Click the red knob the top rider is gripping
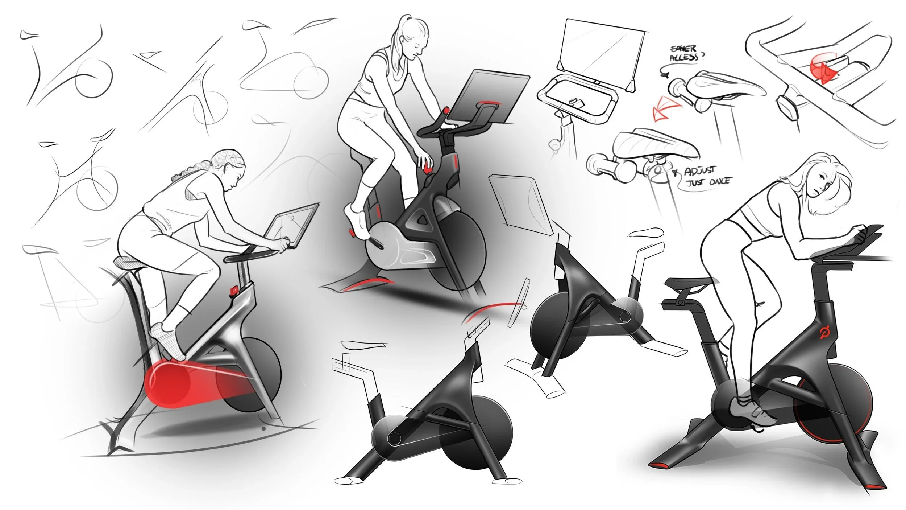[428, 169]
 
